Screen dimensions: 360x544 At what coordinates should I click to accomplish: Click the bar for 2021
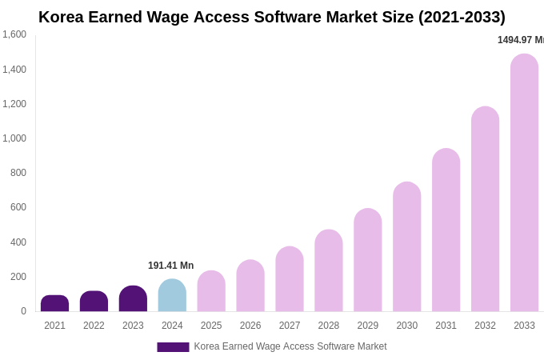pos(54,303)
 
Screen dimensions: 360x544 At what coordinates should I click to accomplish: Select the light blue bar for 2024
pos(172,295)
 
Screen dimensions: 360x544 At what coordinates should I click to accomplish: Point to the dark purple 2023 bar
pos(133,298)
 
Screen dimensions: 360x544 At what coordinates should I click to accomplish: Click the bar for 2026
pos(250,286)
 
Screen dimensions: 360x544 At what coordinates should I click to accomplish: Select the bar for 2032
pos(485,209)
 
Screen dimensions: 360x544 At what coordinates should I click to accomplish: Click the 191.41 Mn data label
pos(170,266)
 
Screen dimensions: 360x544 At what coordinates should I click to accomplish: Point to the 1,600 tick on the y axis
pos(14,34)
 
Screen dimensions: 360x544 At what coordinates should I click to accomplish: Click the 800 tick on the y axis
pos(18,173)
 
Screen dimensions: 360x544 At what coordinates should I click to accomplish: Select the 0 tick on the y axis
pos(23,311)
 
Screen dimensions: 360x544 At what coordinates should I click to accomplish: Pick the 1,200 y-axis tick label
pos(14,104)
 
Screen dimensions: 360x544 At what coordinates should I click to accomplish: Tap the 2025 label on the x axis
pos(211,326)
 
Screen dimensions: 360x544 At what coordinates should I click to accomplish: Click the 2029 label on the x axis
pos(368,326)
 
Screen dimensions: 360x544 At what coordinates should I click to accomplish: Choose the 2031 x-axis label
pos(446,326)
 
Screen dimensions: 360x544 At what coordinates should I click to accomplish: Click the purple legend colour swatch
pos(173,347)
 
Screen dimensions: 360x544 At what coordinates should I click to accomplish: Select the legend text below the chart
pos(290,346)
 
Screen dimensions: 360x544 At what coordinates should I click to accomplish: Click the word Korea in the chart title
pos(62,17)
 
